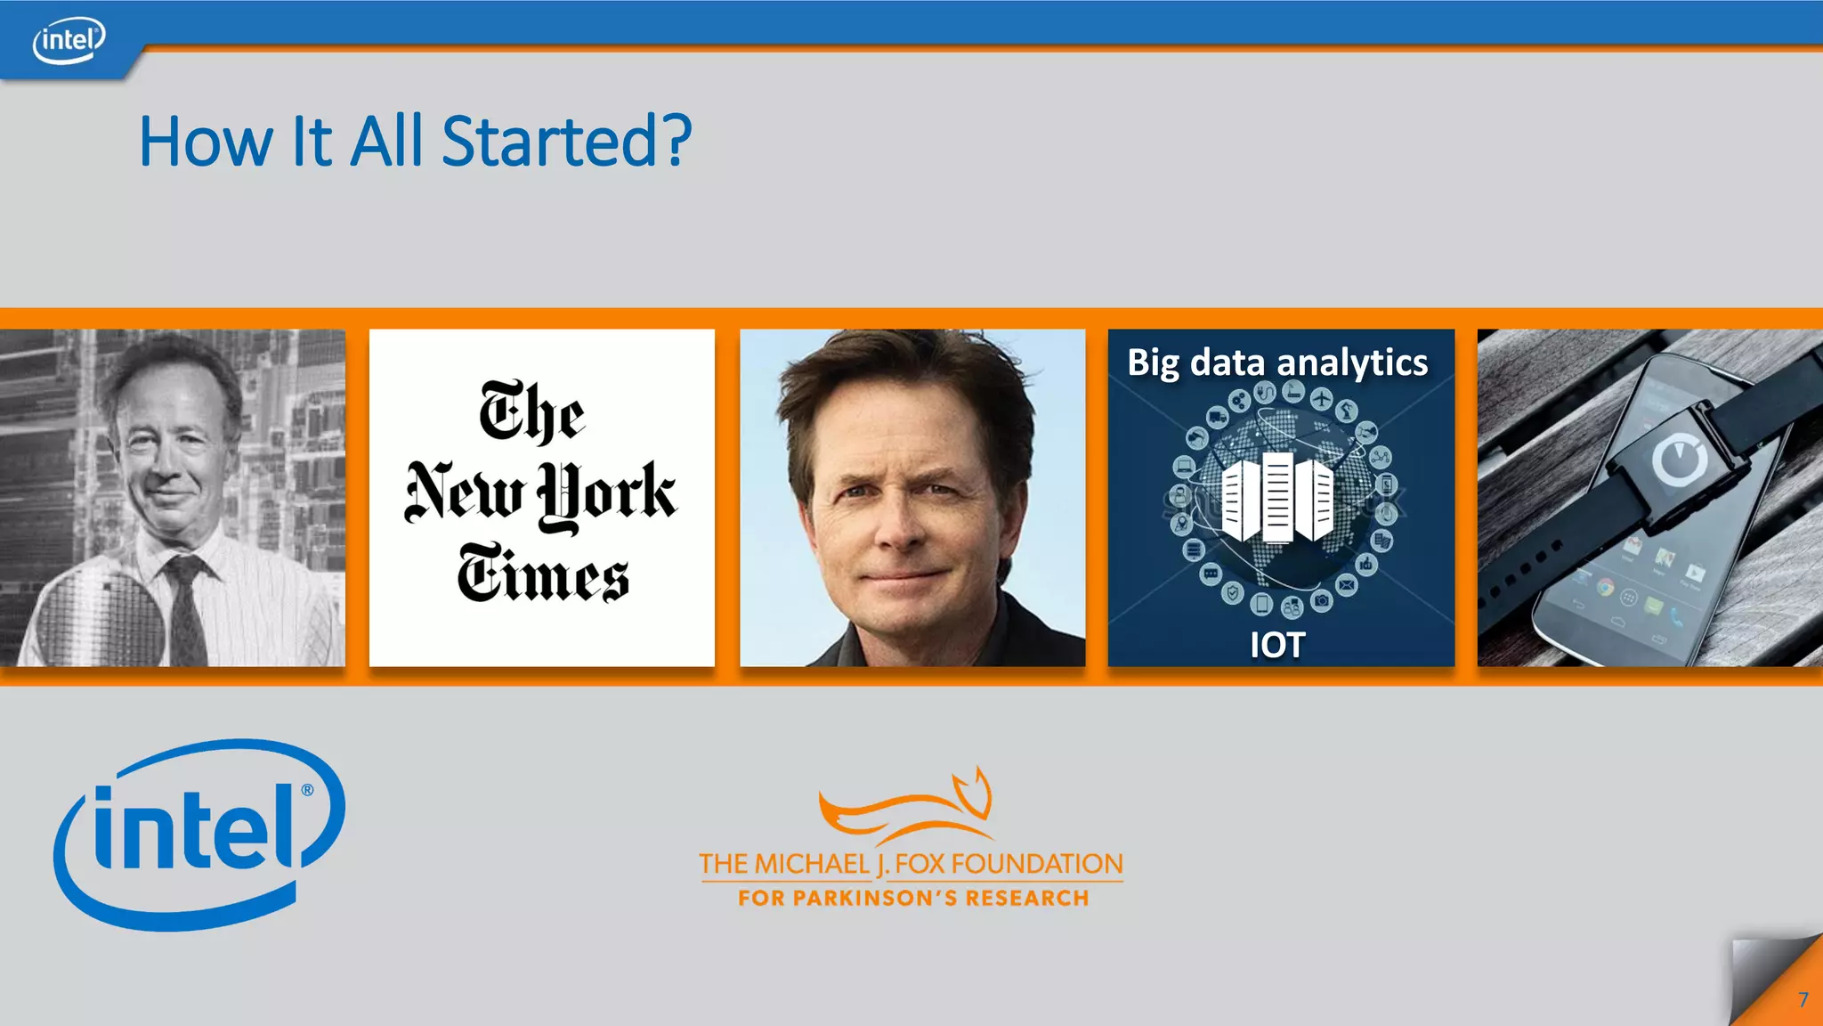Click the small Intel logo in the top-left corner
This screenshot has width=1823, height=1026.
coord(69,40)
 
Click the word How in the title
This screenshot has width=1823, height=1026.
coord(206,142)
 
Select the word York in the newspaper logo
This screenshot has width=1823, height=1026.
coord(607,493)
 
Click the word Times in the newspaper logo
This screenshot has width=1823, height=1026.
coord(543,574)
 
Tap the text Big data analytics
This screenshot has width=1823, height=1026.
coord(1277,362)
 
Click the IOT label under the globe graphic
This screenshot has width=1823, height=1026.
coord(1277,645)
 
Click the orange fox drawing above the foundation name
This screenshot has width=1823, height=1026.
coord(908,805)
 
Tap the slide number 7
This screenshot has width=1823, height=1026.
coord(1803,999)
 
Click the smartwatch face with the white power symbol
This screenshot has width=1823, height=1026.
coord(1679,461)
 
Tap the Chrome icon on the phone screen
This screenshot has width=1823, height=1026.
coord(1604,588)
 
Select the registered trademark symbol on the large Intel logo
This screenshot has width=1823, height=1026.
coord(307,790)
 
